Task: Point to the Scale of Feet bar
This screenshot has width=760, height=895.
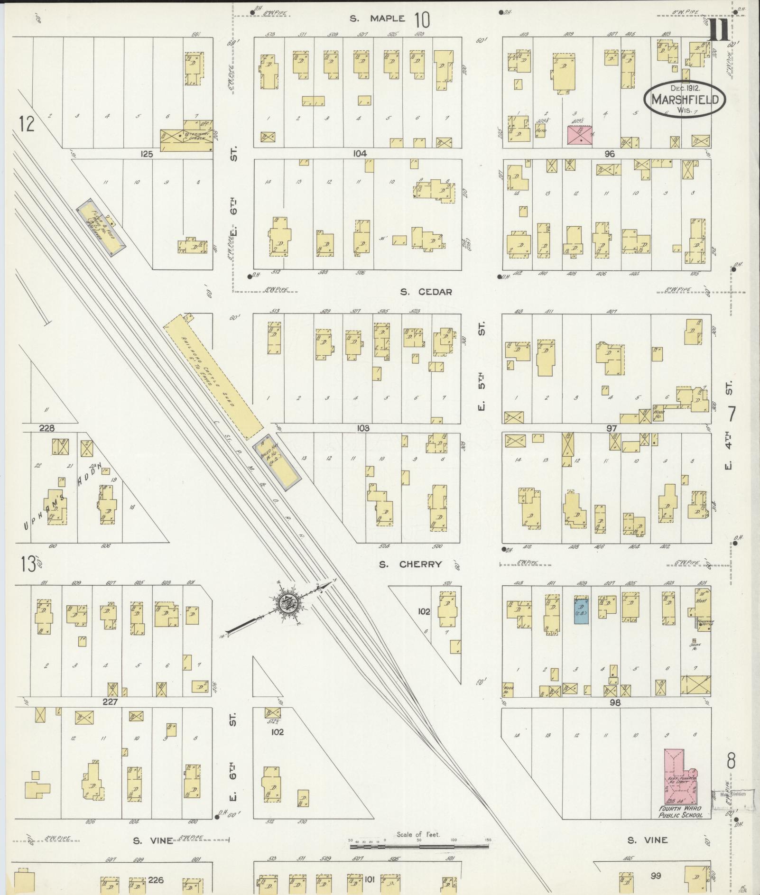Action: point(419,845)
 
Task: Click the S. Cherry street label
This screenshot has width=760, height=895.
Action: point(410,564)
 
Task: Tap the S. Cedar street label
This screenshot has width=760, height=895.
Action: point(426,292)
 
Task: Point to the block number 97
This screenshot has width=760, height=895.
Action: point(612,428)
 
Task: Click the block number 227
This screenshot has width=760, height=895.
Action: point(110,701)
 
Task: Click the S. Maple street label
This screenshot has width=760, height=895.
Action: point(378,19)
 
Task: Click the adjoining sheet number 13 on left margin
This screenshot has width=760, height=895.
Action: point(28,564)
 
